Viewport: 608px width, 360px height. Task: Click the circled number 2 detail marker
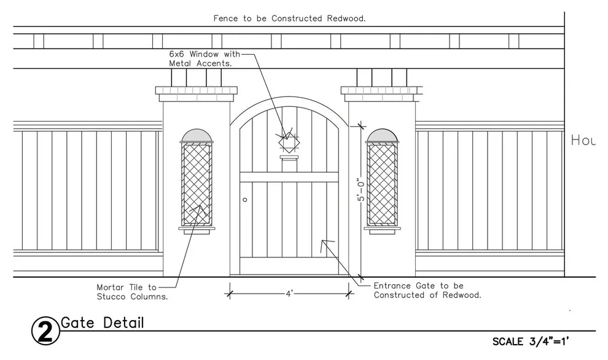[x=45, y=331]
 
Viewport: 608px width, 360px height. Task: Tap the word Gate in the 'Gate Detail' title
[x=77, y=323]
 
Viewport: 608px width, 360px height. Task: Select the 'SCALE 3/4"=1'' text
[x=531, y=342]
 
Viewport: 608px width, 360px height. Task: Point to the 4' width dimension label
[x=289, y=294]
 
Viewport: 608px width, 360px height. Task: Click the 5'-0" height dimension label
[x=361, y=190]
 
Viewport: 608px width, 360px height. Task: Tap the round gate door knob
[x=244, y=200]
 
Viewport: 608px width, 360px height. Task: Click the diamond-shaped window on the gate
[x=289, y=142]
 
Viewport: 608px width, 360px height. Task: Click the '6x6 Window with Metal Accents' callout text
[x=205, y=58]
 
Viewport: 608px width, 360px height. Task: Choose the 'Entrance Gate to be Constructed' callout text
[x=427, y=290]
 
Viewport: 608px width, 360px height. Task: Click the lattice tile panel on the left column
[x=197, y=184]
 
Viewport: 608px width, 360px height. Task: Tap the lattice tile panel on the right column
[x=382, y=184]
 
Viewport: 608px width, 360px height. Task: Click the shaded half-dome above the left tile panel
[x=197, y=136]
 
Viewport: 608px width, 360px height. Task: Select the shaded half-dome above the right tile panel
[x=382, y=136]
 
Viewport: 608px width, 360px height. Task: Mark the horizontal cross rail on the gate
[x=289, y=178]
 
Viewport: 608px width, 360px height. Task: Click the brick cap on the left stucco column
[x=196, y=90]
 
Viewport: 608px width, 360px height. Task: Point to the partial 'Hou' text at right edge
[x=583, y=140]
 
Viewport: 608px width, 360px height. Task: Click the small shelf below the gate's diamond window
[x=289, y=157]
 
